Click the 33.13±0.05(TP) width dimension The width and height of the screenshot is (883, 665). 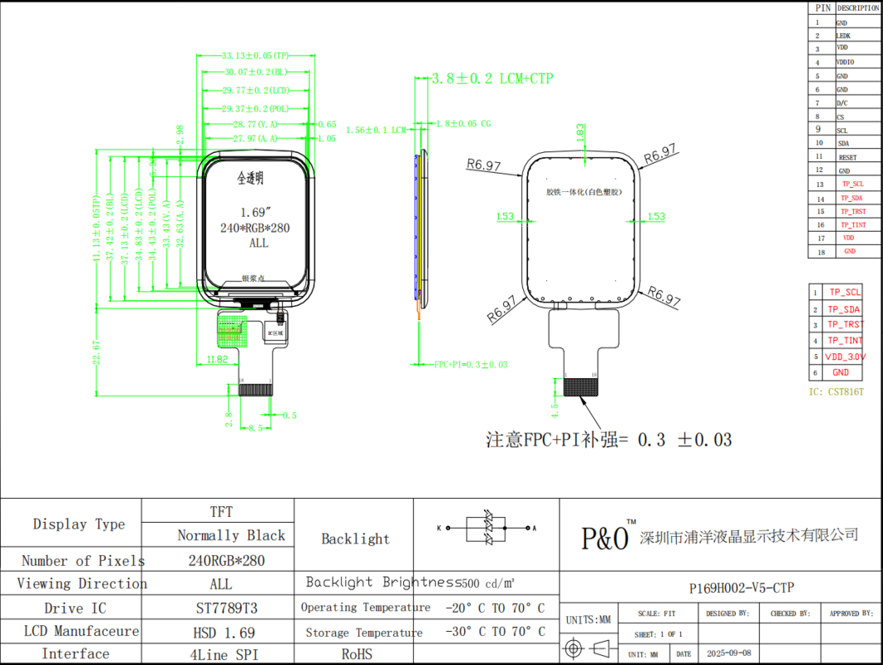point(255,56)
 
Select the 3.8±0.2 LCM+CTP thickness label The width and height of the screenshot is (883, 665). point(491,79)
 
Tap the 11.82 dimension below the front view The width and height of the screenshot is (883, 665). point(216,359)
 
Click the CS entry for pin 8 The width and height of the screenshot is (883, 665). point(841,117)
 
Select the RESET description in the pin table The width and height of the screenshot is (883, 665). point(846,157)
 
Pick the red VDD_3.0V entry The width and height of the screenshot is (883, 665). point(845,357)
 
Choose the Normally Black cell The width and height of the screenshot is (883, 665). point(230,535)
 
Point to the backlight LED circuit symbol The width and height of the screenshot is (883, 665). point(486,527)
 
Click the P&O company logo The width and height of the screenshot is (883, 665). point(606,538)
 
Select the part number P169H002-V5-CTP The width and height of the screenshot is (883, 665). point(742,588)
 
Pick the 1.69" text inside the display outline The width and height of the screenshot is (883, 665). point(257,211)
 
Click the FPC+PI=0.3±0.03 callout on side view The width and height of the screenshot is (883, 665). point(471,364)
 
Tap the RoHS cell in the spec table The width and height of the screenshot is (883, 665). point(356,654)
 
